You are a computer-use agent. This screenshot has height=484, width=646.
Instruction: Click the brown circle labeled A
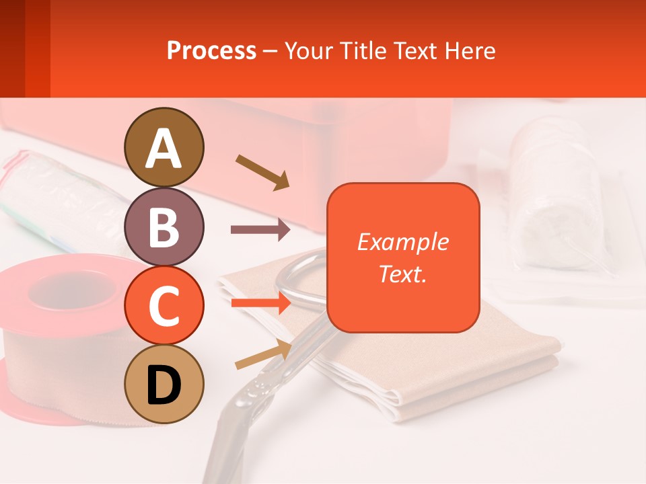pos(164,147)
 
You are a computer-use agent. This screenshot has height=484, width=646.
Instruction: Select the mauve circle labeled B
pos(164,227)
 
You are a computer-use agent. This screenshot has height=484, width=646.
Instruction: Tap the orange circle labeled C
pos(164,306)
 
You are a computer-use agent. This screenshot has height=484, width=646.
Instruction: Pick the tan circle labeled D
pos(164,384)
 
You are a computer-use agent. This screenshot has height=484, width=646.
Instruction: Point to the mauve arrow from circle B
pos(260,230)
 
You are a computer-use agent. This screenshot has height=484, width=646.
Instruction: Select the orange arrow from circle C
pos(260,303)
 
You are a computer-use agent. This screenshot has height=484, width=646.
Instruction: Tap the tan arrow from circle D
pos(262,355)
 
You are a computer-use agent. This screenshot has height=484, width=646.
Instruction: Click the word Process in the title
pos(211,50)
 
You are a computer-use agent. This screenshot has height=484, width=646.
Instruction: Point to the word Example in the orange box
pos(402,242)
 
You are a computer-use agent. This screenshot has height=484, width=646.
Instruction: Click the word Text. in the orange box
pos(402,274)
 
